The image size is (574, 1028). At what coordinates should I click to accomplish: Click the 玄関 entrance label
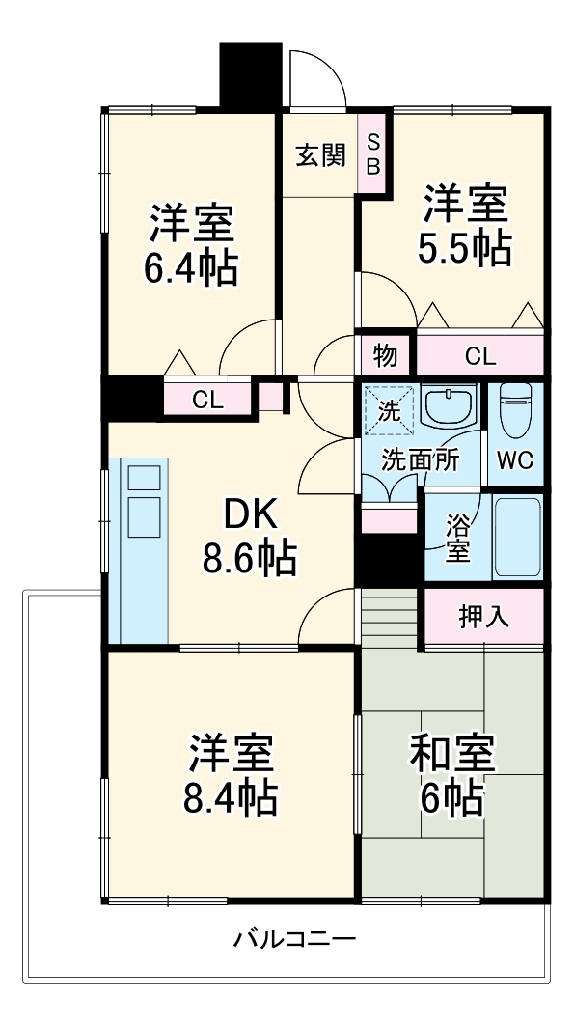coord(320,155)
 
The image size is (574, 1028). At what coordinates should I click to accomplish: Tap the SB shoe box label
coord(373,154)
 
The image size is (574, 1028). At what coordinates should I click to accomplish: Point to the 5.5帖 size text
coord(464,249)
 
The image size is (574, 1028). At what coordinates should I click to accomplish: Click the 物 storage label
coord(385,356)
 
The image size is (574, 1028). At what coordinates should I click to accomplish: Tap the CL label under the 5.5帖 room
coord(479,356)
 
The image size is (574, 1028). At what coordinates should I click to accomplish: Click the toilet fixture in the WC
coord(517,407)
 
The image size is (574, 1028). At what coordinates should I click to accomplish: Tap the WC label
coord(515,460)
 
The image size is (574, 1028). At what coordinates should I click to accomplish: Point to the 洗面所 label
coord(420,460)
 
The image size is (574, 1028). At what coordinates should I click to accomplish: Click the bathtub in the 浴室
coord(517,538)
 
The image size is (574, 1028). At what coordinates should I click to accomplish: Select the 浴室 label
coord(457,539)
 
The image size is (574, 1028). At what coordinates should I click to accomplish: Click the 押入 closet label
coord(483,617)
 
